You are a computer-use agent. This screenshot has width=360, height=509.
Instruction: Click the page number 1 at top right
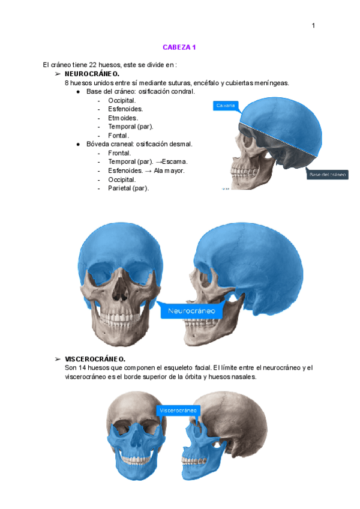click(x=313, y=25)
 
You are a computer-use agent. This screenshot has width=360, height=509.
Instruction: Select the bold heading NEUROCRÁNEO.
click(x=92, y=73)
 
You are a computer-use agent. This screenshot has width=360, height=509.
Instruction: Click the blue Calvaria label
click(x=225, y=106)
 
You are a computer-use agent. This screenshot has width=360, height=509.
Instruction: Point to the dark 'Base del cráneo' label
click(x=328, y=175)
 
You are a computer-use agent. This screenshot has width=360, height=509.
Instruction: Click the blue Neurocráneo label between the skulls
click(x=191, y=312)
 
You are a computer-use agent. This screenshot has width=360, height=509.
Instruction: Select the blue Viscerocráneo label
click(x=178, y=411)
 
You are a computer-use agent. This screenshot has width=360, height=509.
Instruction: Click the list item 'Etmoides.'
click(x=123, y=118)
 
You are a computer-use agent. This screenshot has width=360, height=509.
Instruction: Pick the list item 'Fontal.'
click(x=118, y=135)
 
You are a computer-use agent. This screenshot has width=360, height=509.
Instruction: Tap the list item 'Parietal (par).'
click(x=128, y=188)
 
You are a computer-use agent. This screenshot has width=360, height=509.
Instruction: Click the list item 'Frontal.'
click(x=119, y=153)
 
